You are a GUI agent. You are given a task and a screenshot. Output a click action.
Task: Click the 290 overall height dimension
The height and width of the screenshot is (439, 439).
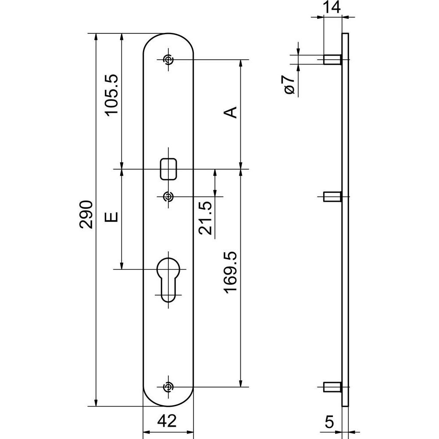(x=86, y=214)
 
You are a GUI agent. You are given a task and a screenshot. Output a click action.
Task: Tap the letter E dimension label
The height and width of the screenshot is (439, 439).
(x=111, y=217)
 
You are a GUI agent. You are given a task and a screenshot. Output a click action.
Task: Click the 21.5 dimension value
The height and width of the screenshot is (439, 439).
(x=205, y=218)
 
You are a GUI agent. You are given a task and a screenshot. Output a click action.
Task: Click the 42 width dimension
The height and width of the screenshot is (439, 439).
(x=167, y=421)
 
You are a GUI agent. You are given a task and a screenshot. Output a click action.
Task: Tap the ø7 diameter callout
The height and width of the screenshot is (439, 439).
(x=289, y=84)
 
